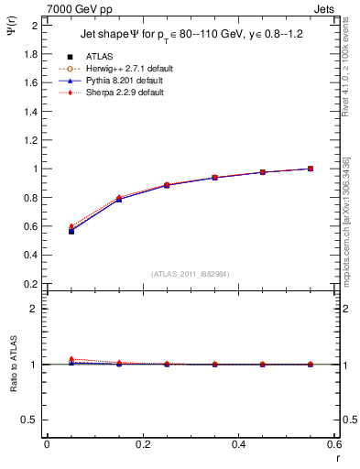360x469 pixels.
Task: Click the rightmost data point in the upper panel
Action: point(311,169)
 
